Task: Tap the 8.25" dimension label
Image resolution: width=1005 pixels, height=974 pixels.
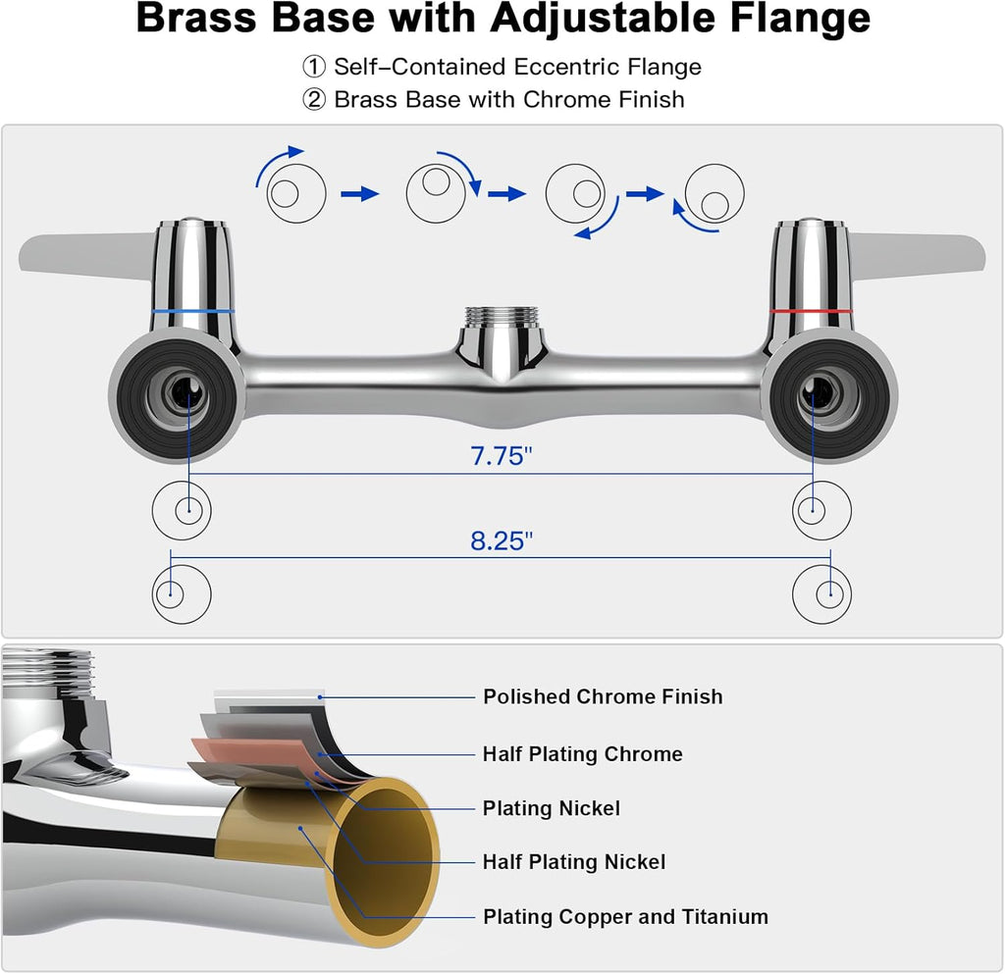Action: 501,540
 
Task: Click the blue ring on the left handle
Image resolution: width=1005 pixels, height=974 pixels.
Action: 192,311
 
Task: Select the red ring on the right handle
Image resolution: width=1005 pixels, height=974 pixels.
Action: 811,311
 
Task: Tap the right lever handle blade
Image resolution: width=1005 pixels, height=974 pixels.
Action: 918,253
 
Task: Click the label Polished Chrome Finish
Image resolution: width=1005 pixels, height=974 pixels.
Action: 603,696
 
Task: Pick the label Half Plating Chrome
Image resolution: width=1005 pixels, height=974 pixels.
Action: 582,754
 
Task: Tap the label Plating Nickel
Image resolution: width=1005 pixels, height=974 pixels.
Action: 551,808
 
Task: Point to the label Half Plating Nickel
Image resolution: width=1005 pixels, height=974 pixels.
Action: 573,862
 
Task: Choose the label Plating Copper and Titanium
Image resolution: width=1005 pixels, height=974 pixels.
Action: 625,917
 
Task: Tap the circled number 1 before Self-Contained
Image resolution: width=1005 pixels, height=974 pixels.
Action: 313,68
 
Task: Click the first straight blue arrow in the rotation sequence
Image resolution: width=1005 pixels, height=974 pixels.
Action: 359,194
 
